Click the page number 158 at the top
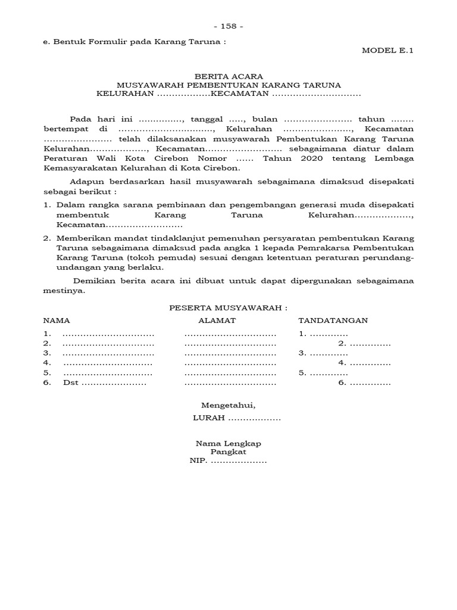(x=228, y=26)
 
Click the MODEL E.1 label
(x=387, y=50)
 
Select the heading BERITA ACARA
(x=228, y=77)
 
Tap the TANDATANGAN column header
(x=333, y=320)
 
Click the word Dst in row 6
(x=70, y=383)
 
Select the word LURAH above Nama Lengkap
(x=209, y=418)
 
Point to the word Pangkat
(x=228, y=452)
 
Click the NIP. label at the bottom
(x=198, y=460)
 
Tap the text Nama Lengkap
(x=228, y=443)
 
